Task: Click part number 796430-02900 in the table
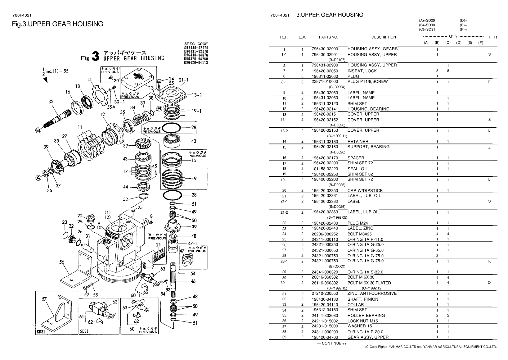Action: (325, 49)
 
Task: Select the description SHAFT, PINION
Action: (362, 299)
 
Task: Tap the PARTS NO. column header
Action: (328, 37)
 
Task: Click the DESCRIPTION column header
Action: (384, 37)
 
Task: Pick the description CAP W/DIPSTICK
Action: (365, 190)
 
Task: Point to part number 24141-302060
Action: (325, 315)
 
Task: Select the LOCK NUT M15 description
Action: (362, 321)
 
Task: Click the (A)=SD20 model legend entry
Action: (427, 21)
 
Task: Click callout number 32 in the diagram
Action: (51, 101)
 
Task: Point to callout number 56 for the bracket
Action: (62, 262)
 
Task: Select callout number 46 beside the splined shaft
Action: (193, 281)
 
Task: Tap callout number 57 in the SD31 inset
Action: (45, 299)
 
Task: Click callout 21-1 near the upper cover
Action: (183, 80)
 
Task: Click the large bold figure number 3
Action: (96, 57)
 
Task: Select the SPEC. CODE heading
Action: (196, 43)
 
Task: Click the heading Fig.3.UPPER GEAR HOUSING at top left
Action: (57, 24)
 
